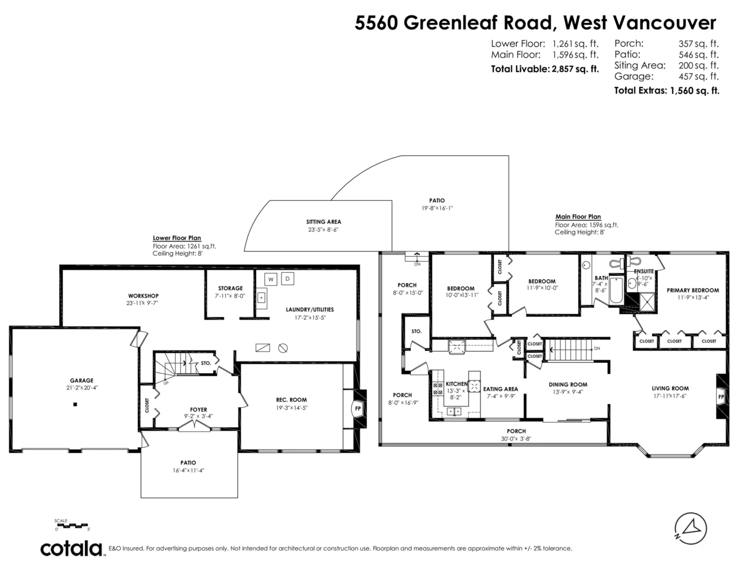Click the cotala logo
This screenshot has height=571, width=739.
[71, 548]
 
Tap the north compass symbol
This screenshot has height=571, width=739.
[690, 528]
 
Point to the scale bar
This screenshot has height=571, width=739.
[72, 525]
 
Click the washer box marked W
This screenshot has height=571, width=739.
[270, 279]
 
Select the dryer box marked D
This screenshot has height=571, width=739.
[288, 279]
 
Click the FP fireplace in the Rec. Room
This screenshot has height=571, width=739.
[358, 408]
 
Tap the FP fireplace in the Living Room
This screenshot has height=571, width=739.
[721, 397]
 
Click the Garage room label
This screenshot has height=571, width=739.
[81, 380]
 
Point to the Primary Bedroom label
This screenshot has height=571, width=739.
[693, 290]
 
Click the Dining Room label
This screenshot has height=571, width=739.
[568, 384]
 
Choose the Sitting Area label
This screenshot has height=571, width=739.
[323, 222]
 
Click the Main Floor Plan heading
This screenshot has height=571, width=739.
[578, 217]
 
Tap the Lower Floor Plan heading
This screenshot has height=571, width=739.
[177, 238]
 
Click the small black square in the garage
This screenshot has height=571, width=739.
[75, 405]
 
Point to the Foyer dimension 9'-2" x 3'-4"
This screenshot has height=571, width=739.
[198, 416]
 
